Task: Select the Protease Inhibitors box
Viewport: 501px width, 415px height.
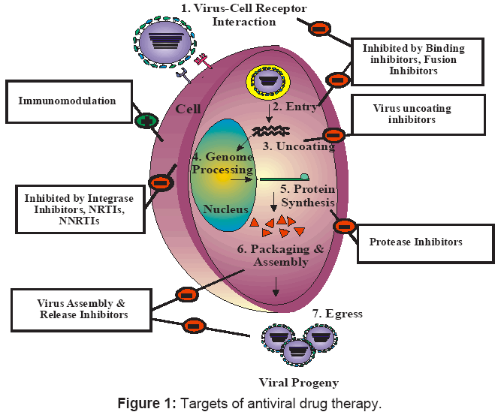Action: (x=426, y=242)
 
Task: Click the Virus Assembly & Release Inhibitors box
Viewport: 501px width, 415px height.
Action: (x=82, y=309)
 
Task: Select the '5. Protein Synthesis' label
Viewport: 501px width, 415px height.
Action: (x=306, y=196)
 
